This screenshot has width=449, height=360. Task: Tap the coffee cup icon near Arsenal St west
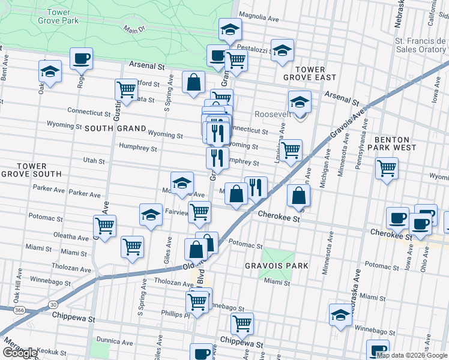point(81,59)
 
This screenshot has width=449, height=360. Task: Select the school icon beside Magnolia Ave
point(229,29)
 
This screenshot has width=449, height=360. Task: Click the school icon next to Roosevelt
point(300,101)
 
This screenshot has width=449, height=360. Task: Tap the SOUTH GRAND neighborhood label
point(115,128)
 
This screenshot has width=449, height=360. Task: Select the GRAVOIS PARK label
point(277,266)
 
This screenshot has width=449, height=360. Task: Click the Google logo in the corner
point(20,352)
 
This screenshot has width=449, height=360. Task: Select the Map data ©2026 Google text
point(412,355)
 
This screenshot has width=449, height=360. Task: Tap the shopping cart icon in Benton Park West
point(387,167)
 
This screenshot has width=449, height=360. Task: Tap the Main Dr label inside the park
point(136,28)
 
